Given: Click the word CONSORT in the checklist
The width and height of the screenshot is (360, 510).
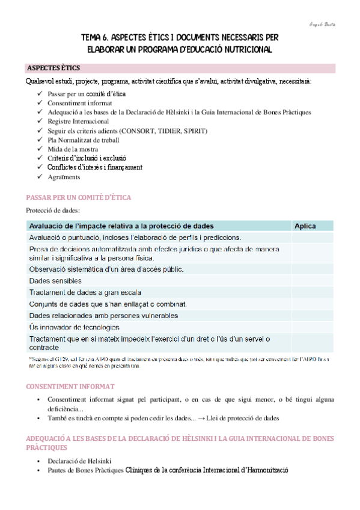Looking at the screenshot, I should [x=138, y=131].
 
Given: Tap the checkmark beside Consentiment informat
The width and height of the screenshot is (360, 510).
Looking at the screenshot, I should [x=39, y=103].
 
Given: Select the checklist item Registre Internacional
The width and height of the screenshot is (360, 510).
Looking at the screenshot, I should [x=78, y=121].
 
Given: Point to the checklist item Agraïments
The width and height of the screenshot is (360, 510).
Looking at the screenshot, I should [x=63, y=177].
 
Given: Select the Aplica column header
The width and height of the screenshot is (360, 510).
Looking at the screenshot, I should [x=305, y=226].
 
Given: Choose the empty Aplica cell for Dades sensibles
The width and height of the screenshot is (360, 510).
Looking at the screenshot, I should [x=311, y=280].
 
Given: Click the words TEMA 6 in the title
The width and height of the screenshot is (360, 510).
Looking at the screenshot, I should [x=99, y=37].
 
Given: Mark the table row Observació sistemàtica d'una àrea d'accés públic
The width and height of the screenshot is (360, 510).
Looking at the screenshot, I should [x=106, y=269].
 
